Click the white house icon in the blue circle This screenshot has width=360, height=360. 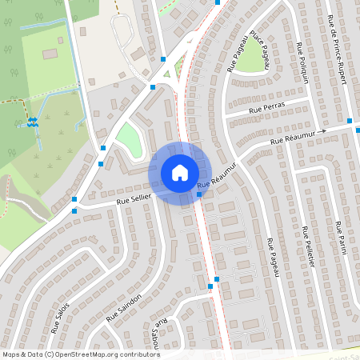click(x=179, y=172)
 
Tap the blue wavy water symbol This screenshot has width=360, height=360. click(x=33, y=122)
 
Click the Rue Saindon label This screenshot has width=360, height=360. click(x=123, y=308)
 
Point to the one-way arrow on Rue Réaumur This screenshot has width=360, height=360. click(x=322, y=131)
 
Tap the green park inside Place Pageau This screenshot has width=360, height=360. click(x=256, y=54)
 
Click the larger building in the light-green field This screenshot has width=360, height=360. click(x=50, y=53)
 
